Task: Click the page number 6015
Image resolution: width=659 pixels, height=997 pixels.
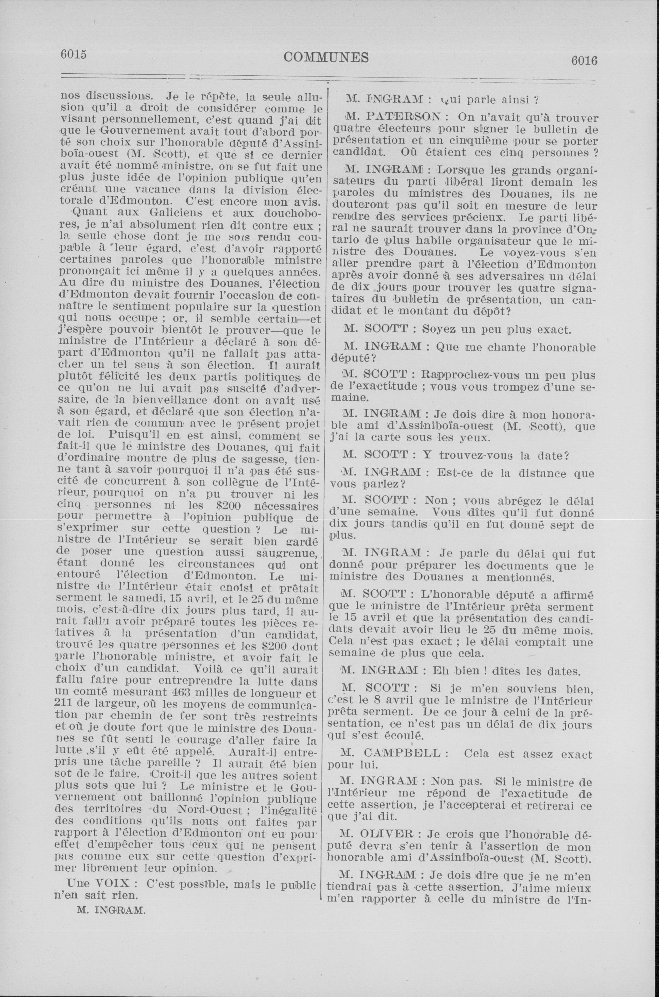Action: pos(74,55)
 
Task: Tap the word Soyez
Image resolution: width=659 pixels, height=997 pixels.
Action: pos(438,329)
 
